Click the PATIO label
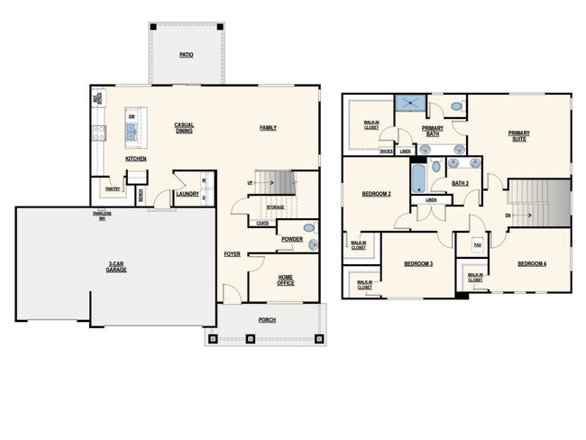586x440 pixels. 187,55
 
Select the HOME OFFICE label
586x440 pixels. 285,280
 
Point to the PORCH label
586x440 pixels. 267,320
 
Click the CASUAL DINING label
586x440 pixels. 184,128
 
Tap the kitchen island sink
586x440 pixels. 133,135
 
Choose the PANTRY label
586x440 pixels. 113,189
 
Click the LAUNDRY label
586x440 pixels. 187,193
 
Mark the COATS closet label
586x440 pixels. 262,223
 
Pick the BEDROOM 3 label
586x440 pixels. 418,263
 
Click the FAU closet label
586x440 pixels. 476,243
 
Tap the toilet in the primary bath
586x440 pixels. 456,106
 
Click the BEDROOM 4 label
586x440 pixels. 532,263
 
